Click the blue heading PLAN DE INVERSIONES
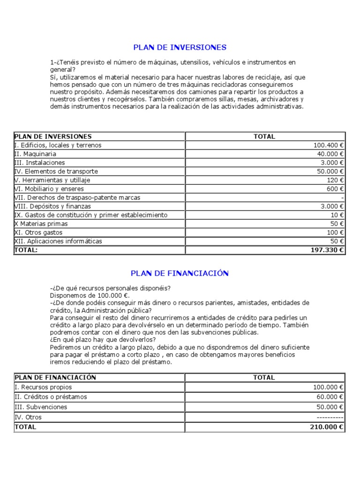click(180, 47)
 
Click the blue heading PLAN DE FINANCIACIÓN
click(180, 273)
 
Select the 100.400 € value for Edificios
click(329, 145)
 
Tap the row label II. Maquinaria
click(36, 154)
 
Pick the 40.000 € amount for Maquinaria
click(330, 154)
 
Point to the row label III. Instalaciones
click(39, 163)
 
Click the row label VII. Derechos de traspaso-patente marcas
click(77, 198)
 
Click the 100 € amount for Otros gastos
click(335, 232)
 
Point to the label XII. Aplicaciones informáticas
click(58, 241)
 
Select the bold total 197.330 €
click(327, 250)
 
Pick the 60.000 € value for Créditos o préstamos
click(329, 397)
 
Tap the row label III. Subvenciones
click(41, 407)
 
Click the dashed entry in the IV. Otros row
click(330, 417)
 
